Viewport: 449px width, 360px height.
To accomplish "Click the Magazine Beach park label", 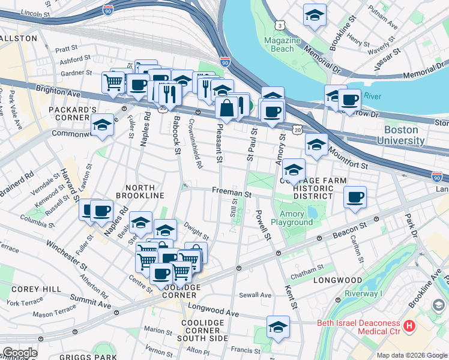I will click(282, 44).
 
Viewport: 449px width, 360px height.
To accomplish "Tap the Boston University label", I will click(400, 135).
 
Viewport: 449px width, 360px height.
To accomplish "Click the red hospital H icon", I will click(409, 328).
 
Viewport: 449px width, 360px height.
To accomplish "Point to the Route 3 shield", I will click(280, 25).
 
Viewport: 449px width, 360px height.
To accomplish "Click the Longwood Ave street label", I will click(212, 313).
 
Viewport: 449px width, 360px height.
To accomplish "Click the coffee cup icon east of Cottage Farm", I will click(355, 197).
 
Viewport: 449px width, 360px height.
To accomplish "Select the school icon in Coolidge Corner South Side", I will click(279, 327).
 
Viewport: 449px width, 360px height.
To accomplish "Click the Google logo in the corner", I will click(19, 353).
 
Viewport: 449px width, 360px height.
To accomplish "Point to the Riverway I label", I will click(364, 294).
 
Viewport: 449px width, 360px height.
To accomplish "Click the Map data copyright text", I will click(411, 355).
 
